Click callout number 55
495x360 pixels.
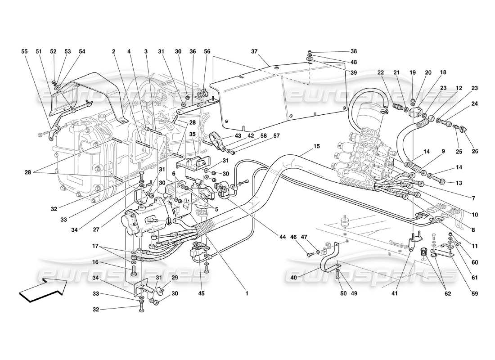tap(24, 52)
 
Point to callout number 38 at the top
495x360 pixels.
tap(353, 52)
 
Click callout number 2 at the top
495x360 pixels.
tap(114, 52)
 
